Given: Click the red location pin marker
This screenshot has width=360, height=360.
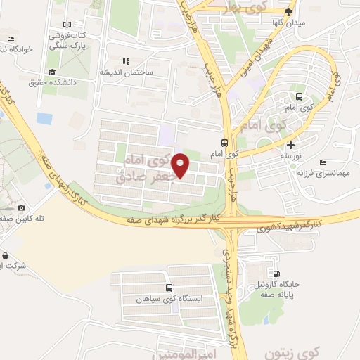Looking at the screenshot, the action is coord(181,165).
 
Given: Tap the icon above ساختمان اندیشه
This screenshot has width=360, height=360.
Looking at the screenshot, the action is coord(127,61).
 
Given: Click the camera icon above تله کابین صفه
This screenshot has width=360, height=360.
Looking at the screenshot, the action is coord(22,207).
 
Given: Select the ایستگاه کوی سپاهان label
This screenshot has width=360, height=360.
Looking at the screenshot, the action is coord(169,299).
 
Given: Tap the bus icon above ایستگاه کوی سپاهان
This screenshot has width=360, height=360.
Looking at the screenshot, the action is coord(169,288).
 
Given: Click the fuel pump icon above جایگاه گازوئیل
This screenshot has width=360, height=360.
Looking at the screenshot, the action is coord(276,275).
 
